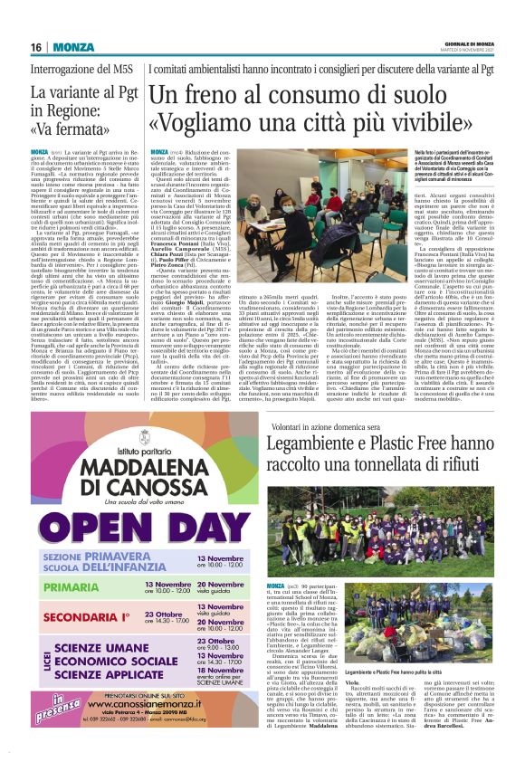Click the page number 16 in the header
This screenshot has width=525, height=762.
coord(36,47)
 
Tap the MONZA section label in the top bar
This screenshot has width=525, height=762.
coord(74,47)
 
